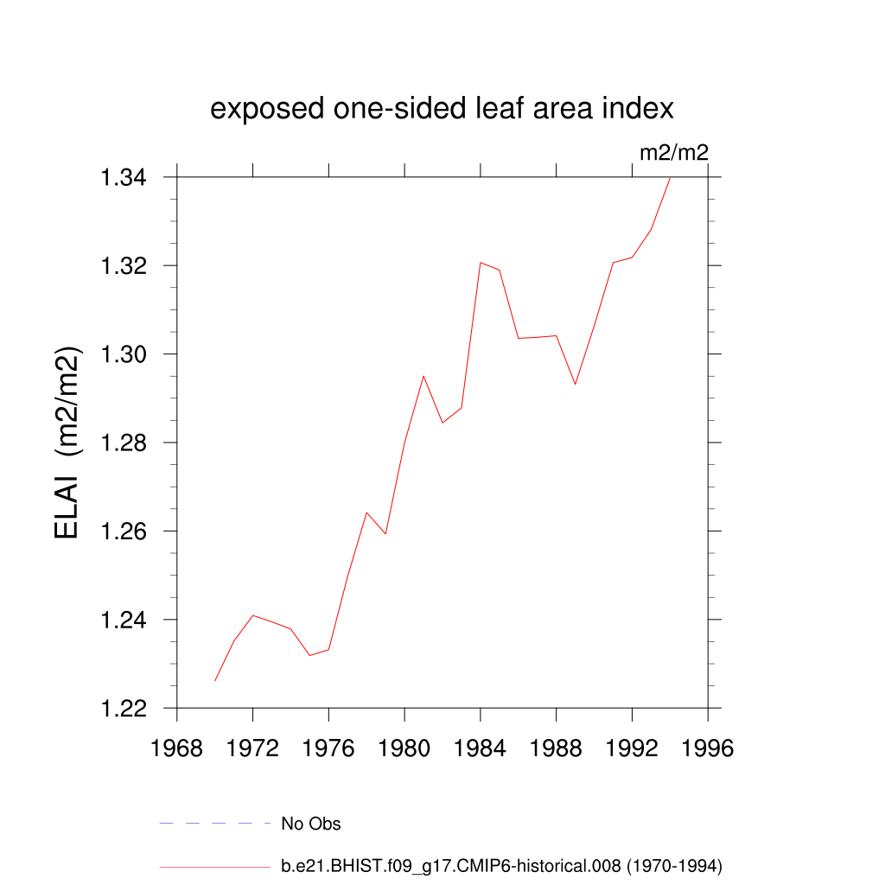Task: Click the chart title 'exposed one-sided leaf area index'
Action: coord(442,109)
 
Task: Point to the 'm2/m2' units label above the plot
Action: coord(673,153)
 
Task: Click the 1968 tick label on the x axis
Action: coord(177,748)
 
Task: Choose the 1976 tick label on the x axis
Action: coord(328,748)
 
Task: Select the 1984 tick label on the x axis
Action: coord(481,748)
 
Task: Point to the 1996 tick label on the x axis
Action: coord(708,748)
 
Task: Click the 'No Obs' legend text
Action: coord(311,824)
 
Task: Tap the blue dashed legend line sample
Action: coord(215,824)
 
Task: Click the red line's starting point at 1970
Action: coord(215,681)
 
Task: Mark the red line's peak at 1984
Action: coord(481,262)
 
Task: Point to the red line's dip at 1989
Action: coord(576,384)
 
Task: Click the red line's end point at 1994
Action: coord(671,177)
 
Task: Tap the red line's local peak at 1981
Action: coord(423,376)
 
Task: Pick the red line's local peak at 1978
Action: coord(366,513)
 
